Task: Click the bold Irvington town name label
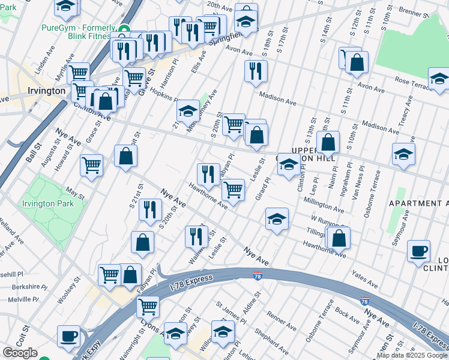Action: point(46,91)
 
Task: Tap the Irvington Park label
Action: point(48,203)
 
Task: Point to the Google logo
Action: point(20,353)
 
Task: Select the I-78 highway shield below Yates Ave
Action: point(364,301)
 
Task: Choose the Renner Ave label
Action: point(282,323)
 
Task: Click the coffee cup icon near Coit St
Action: point(69,337)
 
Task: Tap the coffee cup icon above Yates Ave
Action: point(418,251)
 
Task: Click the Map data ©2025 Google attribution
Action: point(412,355)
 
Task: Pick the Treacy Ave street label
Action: point(406,119)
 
